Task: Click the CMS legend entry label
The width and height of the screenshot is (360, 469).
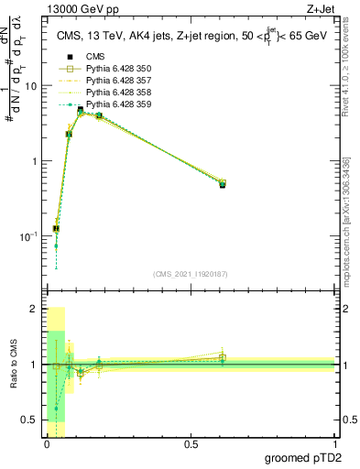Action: pyautogui.click(x=95, y=57)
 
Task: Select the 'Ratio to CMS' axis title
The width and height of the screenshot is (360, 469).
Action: pyautogui.click(x=12, y=365)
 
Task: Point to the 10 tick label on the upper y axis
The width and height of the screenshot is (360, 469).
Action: pyautogui.click(x=29, y=86)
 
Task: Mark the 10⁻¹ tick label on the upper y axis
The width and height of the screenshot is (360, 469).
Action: pyautogui.click(x=27, y=236)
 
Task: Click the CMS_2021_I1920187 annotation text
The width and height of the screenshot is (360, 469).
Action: pyautogui.click(x=190, y=274)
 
